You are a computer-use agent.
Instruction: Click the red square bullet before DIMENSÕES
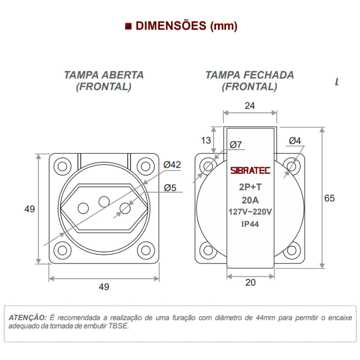128,26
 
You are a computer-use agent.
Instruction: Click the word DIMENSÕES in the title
171,26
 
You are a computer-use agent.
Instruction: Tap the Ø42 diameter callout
172,165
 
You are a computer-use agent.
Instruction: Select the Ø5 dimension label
170,188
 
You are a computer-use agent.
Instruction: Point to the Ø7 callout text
236,144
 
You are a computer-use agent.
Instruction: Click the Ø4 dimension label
295,141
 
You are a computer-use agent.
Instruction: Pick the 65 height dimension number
329,198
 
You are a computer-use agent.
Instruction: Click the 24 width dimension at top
250,105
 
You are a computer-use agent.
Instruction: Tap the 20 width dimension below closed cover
250,282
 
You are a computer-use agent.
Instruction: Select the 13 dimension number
206,140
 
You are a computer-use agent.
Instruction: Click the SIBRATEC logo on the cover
250,171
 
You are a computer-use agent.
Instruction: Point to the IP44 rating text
250,224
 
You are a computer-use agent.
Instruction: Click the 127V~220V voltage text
250,212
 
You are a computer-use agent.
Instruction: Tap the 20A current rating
250,200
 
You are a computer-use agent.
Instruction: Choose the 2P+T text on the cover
250,187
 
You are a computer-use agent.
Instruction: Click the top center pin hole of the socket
104,201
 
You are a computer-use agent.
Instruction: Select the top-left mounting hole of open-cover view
63,166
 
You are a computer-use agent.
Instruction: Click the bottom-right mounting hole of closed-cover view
291,251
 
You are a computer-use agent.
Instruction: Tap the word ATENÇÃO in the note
27,317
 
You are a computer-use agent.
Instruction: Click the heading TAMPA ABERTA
104,75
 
